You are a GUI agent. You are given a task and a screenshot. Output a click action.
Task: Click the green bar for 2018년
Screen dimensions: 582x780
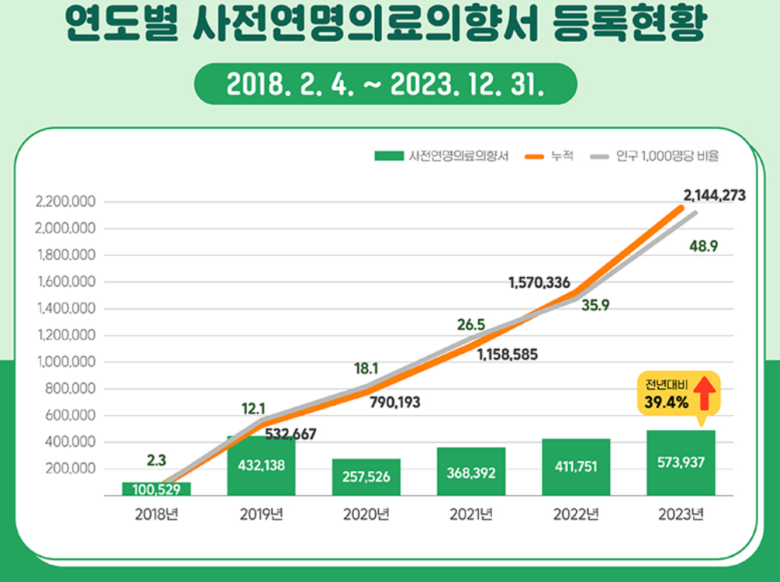(x=156, y=488)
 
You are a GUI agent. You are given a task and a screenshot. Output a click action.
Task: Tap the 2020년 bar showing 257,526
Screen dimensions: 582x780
(x=366, y=476)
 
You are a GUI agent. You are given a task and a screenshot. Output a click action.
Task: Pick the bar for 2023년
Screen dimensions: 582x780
(x=680, y=463)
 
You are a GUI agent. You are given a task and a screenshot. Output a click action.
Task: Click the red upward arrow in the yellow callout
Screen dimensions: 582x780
(x=703, y=393)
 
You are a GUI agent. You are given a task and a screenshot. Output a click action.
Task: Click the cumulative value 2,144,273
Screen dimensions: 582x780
(x=714, y=196)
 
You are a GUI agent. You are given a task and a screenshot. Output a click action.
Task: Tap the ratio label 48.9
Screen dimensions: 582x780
(x=703, y=246)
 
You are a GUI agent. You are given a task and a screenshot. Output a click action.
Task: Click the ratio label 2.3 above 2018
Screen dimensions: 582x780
(x=156, y=460)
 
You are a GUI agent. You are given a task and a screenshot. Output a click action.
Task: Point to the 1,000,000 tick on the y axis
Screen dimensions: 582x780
(x=66, y=362)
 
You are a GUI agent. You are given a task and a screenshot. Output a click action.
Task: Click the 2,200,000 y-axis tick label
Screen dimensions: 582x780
(x=66, y=202)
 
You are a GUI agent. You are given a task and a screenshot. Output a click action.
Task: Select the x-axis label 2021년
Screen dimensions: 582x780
(x=470, y=514)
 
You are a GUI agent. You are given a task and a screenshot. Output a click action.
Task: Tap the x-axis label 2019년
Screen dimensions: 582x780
(x=261, y=514)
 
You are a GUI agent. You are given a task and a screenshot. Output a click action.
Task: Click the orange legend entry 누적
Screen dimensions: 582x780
(x=549, y=156)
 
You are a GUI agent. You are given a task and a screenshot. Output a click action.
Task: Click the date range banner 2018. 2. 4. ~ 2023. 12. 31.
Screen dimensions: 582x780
(x=385, y=84)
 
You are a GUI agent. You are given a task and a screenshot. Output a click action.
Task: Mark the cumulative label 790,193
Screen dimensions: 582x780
(x=393, y=403)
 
